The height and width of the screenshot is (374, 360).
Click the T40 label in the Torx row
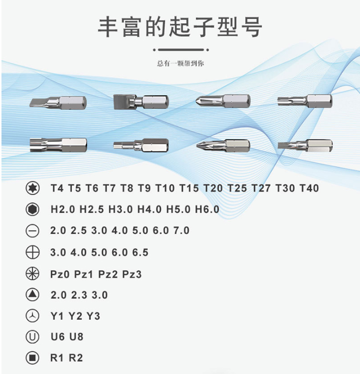click(x=309, y=188)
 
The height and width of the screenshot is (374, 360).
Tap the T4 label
click(x=57, y=188)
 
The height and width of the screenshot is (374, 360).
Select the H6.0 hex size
click(x=207, y=209)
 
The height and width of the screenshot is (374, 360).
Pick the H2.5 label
click(x=92, y=209)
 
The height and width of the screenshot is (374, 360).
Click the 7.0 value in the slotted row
click(x=181, y=230)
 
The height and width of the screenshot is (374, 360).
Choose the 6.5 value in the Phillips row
click(x=140, y=252)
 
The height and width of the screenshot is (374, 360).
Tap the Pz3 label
click(x=132, y=274)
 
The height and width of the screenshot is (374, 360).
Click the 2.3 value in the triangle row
click(x=79, y=295)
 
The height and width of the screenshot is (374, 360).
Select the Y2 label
click(x=75, y=316)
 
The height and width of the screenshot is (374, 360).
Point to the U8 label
click(x=76, y=337)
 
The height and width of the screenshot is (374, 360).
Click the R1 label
click(x=57, y=358)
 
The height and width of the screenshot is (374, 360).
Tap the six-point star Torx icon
click(x=32, y=188)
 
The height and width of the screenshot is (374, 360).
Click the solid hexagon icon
click(x=32, y=209)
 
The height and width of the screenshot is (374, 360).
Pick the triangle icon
click(x=32, y=295)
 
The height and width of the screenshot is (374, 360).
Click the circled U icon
click(x=32, y=337)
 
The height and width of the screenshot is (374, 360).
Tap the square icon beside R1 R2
click(x=32, y=358)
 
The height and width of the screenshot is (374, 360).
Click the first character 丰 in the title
click(x=108, y=27)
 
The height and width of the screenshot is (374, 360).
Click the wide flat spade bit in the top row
click(x=141, y=102)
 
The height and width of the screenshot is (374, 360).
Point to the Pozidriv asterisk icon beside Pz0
click(x=32, y=274)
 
